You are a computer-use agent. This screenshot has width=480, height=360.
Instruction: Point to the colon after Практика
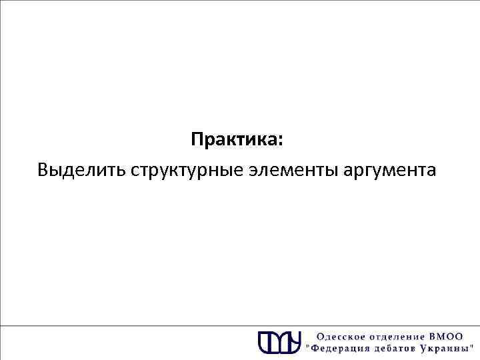click(x=281, y=142)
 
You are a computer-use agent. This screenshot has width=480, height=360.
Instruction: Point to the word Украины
click(x=446, y=348)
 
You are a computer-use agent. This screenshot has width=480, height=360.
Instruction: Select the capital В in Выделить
click(x=43, y=171)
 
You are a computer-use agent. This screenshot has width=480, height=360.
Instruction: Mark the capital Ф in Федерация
click(x=315, y=348)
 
